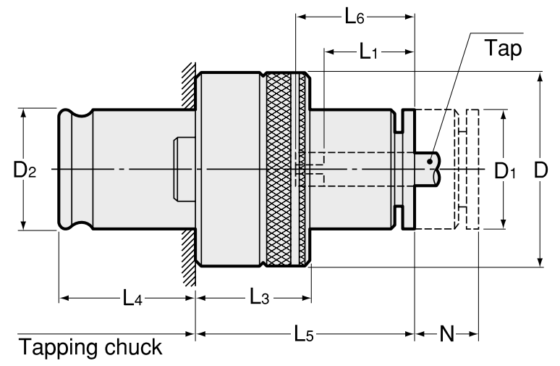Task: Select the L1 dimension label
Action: [x=369, y=52]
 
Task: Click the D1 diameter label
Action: [x=505, y=171]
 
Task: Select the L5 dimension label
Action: [x=303, y=335]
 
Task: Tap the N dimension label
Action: [x=446, y=334]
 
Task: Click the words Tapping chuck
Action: [x=90, y=347]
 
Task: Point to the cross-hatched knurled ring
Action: [x=282, y=170]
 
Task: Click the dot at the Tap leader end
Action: [x=430, y=160]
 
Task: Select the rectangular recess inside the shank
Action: [x=179, y=170]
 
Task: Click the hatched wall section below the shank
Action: [x=188, y=257]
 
